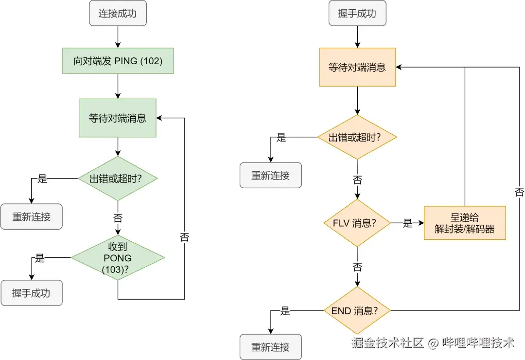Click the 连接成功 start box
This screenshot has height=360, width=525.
point(118,13)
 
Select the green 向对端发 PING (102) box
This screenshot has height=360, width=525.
point(118,61)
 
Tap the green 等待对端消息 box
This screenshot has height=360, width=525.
point(118,118)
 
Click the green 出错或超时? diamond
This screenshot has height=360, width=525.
point(118,178)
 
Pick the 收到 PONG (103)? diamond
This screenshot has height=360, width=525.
point(118,258)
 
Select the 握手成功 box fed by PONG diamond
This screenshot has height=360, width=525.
point(32,293)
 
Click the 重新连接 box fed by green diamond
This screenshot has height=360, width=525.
point(32,216)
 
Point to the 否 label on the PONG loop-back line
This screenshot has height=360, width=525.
point(185,237)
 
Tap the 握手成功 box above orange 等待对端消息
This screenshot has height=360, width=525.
point(357,13)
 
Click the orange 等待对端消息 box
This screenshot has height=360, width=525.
point(357,67)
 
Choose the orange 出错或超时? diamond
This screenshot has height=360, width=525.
point(357,137)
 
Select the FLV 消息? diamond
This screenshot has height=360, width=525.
point(357,223)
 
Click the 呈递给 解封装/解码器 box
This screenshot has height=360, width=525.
point(465,223)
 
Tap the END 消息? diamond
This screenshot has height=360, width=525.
point(357,310)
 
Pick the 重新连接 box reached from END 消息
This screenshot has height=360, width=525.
point(271,347)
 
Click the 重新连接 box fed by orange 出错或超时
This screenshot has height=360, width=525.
point(271,175)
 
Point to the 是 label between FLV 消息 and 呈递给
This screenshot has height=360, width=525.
point(407,223)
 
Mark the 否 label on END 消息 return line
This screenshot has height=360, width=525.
point(519,192)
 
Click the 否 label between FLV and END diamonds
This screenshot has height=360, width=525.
point(357,267)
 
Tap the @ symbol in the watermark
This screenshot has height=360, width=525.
point(433,343)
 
